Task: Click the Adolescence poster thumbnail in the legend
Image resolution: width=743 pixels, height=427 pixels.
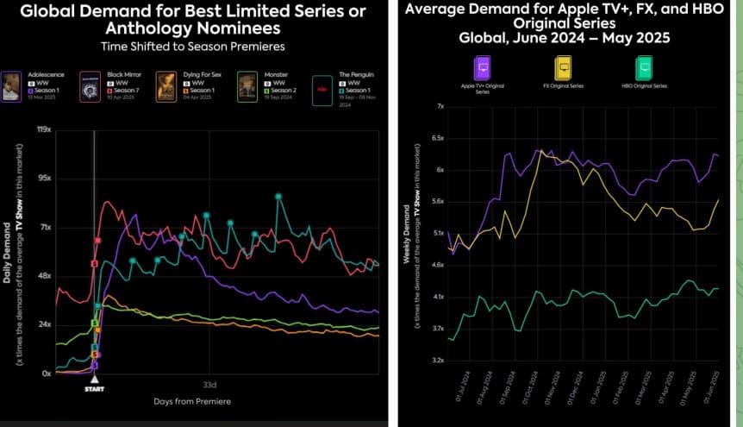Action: (11, 87)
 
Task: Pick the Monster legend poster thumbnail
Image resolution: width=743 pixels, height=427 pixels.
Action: (247, 87)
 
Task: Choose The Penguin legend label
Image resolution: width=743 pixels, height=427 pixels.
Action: (358, 75)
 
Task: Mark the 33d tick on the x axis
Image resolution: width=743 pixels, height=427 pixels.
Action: (209, 384)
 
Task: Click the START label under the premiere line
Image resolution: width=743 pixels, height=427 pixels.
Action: (95, 389)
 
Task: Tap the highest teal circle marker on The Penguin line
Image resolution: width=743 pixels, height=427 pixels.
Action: (278, 197)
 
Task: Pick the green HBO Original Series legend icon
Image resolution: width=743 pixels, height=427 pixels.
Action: (643, 68)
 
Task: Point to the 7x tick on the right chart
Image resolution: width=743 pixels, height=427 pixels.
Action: (439, 106)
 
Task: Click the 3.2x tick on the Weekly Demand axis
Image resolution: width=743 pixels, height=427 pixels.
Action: (436, 360)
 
